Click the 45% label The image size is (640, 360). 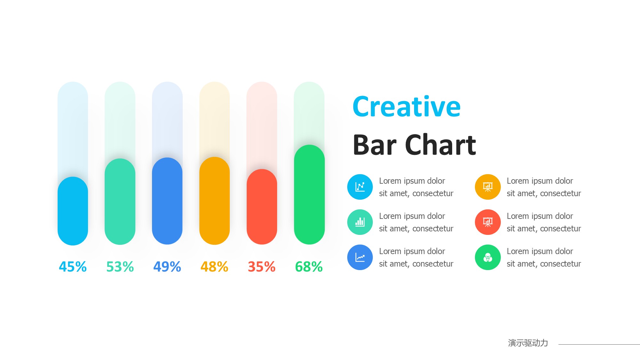tap(73, 267)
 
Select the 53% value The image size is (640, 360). tap(120, 267)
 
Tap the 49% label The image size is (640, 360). tap(167, 267)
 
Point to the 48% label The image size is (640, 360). tap(214, 267)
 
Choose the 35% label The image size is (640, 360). tap(262, 267)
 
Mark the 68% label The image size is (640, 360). tap(309, 267)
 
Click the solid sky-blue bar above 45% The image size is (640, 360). tap(73, 211)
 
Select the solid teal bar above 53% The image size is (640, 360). tap(120, 202)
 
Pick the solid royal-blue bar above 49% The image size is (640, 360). tap(167, 201)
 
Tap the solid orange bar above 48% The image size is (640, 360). tap(214, 201)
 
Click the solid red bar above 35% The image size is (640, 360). tap(262, 207)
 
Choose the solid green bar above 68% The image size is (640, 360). tap(309, 195)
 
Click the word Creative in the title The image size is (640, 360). tap(406, 107)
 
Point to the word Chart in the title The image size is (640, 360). tap(441, 145)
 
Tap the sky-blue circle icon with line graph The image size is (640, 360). tap(360, 187)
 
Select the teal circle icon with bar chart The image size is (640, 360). tap(360, 222)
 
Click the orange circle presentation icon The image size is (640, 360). tap(488, 187)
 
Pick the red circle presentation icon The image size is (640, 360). tap(488, 222)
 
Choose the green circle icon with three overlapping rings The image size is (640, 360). tap(488, 257)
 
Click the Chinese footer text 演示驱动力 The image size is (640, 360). tap(528, 343)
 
